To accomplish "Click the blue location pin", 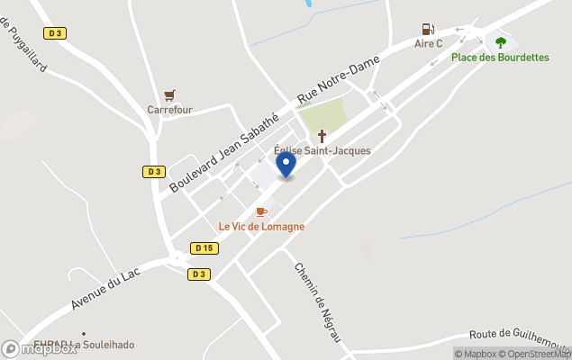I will pyautogui.click(x=286, y=165).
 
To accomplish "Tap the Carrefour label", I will pyautogui.click(x=170, y=110).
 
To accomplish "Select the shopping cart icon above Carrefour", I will pyautogui.click(x=169, y=94).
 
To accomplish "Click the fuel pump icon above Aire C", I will pyautogui.click(x=428, y=30).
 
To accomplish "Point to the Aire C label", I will pyautogui.click(x=428, y=43).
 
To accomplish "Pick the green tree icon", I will pyautogui.click(x=501, y=41).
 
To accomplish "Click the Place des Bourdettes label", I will pyautogui.click(x=500, y=58).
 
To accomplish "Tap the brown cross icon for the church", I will pyautogui.click(x=322, y=136).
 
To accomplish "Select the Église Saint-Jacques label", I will pyautogui.click(x=322, y=150).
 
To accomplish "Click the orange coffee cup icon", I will pyautogui.click(x=261, y=211).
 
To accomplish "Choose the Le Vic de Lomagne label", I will pyautogui.click(x=261, y=227).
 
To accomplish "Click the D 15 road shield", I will pyautogui.click(x=204, y=247).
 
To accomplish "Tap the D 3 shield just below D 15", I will pyautogui.click(x=198, y=274).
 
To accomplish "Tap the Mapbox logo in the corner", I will pyautogui.click(x=40, y=349).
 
